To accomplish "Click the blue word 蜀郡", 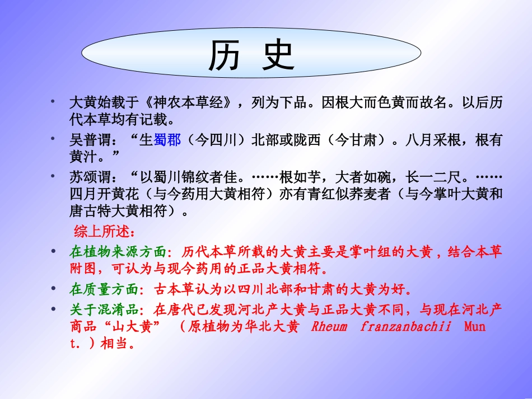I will point(167,140).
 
